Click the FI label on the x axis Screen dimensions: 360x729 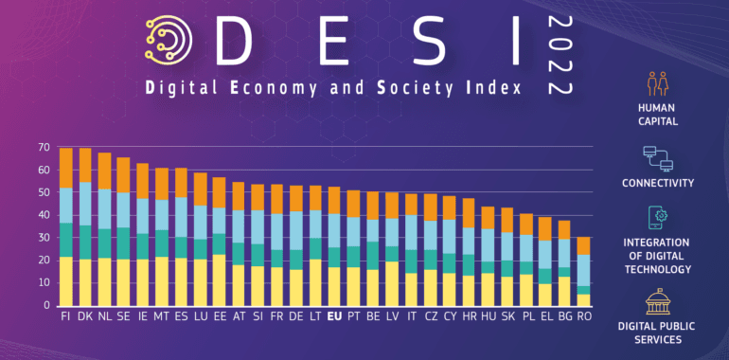point(65,316)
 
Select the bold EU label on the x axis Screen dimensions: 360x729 point(333,316)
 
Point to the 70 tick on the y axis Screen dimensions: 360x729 point(44,148)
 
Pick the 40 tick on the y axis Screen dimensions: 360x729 point(44,215)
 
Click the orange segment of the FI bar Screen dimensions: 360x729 point(65,168)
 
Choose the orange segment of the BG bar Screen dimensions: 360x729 point(563,229)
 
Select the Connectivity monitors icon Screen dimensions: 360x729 point(657,156)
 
